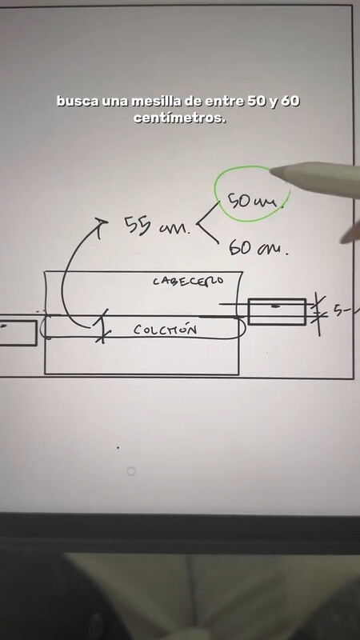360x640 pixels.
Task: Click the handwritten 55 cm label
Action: (157, 226)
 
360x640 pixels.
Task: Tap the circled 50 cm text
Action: (253, 201)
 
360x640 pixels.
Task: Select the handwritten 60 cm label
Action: (258, 247)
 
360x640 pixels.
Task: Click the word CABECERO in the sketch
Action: (188, 281)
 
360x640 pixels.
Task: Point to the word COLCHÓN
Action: (165, 330)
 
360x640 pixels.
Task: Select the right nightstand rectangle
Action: (277, 312)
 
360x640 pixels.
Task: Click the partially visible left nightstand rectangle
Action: (18, 333)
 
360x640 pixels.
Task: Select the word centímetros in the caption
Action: (179, 118)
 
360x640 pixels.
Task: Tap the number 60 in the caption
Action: (290, 101)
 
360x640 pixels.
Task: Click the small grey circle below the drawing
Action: (130, 471)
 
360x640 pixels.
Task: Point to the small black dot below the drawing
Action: (118, 448)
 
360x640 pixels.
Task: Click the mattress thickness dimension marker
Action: (102, 326)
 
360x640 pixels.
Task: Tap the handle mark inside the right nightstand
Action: (276, 306)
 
